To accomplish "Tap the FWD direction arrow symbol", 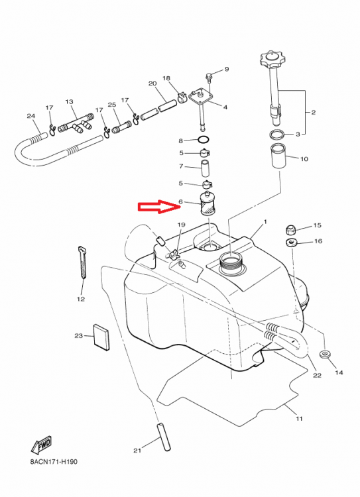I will (x=41, y=443).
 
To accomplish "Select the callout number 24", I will (x=30, y=117).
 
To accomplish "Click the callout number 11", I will (x=298, y=419).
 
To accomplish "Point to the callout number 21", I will (x=137, y=451).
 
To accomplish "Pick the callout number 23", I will (x=78, y=337).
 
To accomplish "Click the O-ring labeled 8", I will (x=205, y=140).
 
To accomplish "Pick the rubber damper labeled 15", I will (x=290, y=230).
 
